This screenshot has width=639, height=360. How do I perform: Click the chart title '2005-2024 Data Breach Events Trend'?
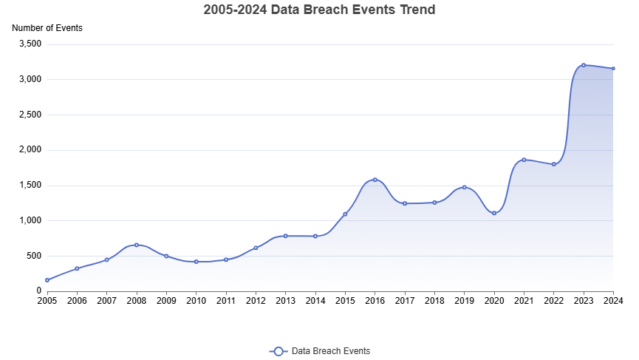319,10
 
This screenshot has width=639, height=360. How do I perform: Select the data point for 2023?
584,65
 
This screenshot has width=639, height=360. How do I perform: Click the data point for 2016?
375,180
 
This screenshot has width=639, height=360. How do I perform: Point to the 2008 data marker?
137,245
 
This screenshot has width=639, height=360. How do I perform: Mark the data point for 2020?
494,213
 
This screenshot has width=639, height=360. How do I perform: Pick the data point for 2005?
47,280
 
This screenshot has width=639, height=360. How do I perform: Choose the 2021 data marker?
524,160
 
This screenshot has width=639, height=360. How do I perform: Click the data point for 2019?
464,187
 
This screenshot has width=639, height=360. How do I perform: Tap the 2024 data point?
613,69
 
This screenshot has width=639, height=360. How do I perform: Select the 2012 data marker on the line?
256,248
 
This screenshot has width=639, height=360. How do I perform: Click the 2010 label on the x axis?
196,301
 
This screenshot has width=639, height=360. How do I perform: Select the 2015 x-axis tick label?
345,301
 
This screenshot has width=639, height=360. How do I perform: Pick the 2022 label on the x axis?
553,301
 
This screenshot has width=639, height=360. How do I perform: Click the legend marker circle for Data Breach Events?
279,351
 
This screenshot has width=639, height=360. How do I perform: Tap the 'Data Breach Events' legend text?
331,351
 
